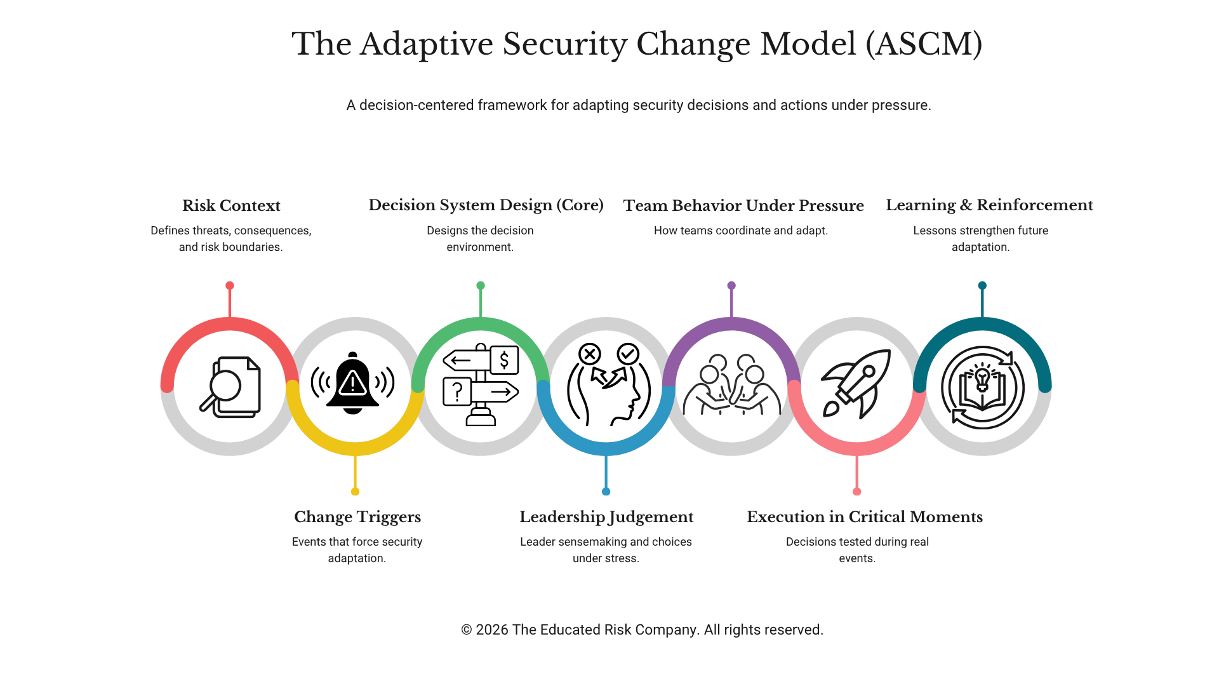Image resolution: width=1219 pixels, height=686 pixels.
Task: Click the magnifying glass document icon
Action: coord(230,387)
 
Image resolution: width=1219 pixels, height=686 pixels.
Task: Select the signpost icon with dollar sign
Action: coord(481,385)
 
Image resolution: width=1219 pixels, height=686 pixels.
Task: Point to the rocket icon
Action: coord(856,384)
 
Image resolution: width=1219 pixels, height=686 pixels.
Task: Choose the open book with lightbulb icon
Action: coord(982,387)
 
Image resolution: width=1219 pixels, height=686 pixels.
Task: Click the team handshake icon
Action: coord(731,385)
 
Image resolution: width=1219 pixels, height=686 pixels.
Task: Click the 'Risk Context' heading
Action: coord(231,206)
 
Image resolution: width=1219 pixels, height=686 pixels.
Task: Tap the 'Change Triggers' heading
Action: coord(357,517)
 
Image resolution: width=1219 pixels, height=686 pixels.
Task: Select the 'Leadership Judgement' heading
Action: coord(606,517)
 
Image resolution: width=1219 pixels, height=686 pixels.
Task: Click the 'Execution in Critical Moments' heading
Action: coord(864,517)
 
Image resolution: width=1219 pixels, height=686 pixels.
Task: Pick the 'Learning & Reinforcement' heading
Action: coord(989,205)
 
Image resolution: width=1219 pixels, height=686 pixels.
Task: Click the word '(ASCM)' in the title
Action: coord(924,44)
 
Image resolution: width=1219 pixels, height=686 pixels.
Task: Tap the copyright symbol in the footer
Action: coord(467,630)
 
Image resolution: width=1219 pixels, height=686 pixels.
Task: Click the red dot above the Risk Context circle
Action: coord(230,286)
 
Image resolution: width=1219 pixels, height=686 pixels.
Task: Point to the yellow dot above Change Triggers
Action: coord(355,492)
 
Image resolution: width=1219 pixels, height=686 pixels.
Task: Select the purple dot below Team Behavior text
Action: coord(731,286)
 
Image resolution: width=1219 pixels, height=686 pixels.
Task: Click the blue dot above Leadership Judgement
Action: coord(606,492)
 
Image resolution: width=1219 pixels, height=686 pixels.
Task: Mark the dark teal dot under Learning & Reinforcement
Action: coord(982,286)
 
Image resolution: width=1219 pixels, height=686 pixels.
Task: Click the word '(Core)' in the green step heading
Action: coord(580,205)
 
